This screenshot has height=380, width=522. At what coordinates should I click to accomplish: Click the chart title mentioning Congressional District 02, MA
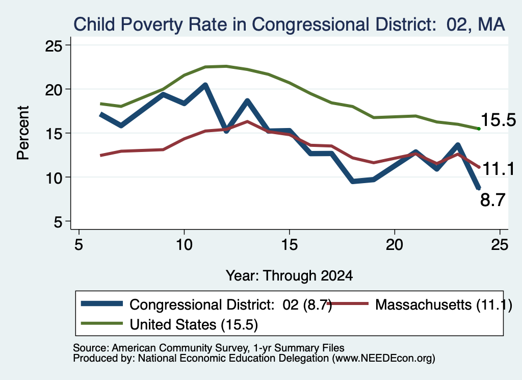pos(289,24)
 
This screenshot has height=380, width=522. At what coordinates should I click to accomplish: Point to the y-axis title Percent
pos(23,133)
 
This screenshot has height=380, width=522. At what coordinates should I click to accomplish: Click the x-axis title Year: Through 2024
pos(290,276)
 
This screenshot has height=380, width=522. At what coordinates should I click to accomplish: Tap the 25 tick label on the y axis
pos(54,45)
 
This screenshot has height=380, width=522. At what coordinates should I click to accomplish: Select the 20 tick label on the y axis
pos(54,89)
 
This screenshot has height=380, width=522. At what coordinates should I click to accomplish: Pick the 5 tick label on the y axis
pos(58,221)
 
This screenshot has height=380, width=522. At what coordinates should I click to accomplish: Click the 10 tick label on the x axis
pos(184,245)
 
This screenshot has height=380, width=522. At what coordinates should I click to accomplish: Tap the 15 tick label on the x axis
pos(290,245)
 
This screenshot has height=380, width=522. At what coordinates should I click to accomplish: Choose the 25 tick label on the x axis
pos(500,245)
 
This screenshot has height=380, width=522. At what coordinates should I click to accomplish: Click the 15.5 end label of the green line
pos(498,120)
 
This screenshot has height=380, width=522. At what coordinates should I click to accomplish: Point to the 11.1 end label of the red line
pos(498,169)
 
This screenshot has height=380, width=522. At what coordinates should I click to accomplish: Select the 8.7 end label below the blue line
pos(493,200)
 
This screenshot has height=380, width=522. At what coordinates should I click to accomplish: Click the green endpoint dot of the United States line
pos(479,129)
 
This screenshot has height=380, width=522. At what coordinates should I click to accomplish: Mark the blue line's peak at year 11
pos(205,86)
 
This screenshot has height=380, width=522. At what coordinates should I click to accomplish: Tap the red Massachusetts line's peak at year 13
pos(247,121)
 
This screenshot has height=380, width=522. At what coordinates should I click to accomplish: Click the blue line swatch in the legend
pos(102,303)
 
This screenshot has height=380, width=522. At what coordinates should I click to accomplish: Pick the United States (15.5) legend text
pos(194,324)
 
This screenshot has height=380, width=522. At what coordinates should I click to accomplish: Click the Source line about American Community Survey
pos(208,348)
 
